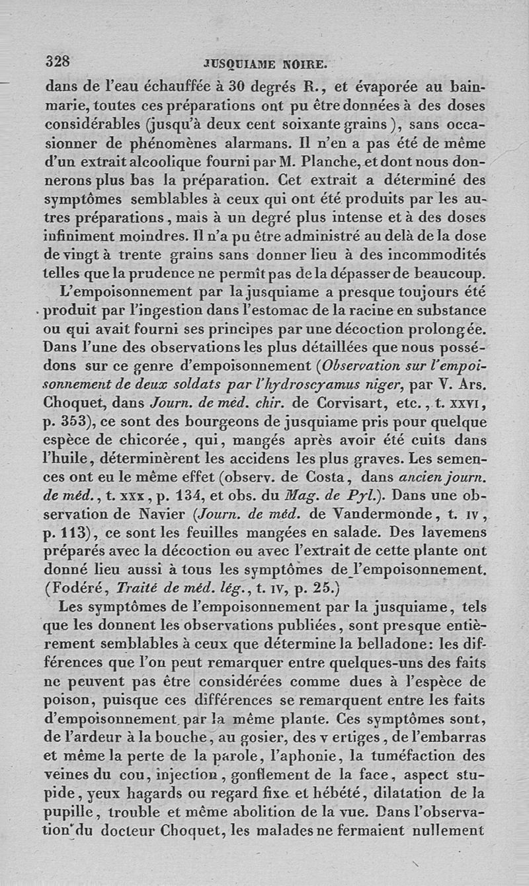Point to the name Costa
pyautogui.click(x=322, y=477)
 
